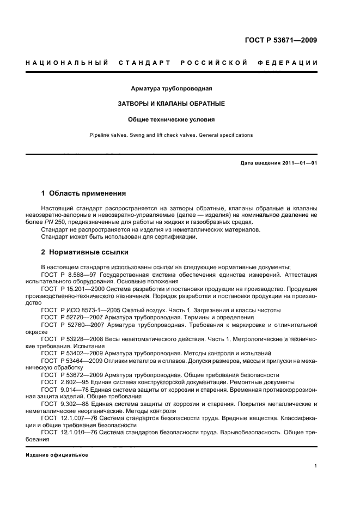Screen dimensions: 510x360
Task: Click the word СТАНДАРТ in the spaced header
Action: [143, 63]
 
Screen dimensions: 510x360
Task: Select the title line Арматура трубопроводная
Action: [172, 88]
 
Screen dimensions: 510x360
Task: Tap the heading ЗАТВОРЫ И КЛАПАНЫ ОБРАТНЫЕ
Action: [172, 104]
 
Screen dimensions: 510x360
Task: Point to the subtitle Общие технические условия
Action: [172, 119]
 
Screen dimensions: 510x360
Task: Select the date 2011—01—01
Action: [299, 163]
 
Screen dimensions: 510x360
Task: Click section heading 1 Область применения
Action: [84, 193]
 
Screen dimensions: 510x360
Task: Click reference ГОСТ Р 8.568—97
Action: [69, 274]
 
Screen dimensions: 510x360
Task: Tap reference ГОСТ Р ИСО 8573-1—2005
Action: [80, 310]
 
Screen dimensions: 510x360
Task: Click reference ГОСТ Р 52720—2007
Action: [72, 317]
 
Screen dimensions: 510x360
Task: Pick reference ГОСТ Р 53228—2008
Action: [72, 339]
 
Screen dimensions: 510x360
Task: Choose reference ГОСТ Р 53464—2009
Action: [72, 360]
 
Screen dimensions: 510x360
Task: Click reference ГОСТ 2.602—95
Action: [66, 382]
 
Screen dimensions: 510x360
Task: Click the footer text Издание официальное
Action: [57, 455]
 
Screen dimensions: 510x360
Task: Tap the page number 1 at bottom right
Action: [316, 466]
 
